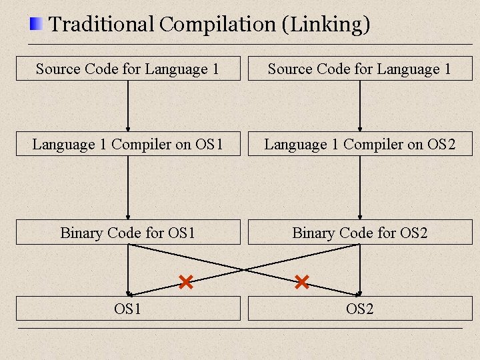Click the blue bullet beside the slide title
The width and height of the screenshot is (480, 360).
[x=36, y=25]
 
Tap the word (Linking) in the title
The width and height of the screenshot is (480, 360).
[x=325, y=25]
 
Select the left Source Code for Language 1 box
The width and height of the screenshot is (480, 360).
[x=128, y=69]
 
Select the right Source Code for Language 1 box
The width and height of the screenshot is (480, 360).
[x=360, y=69]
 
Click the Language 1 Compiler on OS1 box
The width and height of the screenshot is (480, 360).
[x=128, y=144]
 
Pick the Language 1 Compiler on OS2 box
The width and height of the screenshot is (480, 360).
[x=360, y=144]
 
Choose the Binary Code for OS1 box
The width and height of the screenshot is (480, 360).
[x=128, y=233]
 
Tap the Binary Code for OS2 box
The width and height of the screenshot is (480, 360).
[x=360, y=233]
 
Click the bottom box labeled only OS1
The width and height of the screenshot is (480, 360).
[x=128, y=309]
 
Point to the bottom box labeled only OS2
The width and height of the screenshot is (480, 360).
[x=360, y=309]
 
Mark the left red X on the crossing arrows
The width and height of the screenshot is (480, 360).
[x=186, y=282]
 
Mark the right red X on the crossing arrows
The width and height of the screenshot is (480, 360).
[x=301, y=282]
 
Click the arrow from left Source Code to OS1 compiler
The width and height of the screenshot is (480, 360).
[x=128, y=107]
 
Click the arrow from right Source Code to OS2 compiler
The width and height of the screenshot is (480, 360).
[x=360, y=107]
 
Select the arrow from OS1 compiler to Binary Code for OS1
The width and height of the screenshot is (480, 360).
[x=128, y=188]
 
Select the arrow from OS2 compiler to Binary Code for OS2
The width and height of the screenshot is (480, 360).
[x=360, y=188]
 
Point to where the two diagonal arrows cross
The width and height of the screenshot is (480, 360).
[x=244, y=269]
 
